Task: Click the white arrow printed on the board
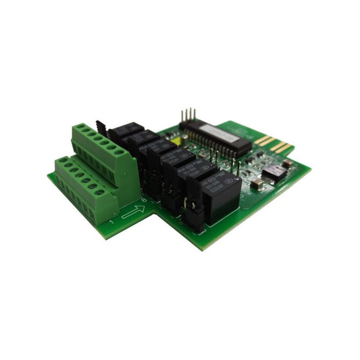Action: [x=133, y=211]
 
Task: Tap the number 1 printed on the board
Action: [x=111, y=222]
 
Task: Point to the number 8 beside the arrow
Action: [x=144, y=200]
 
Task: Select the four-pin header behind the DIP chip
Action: [x=189, y=116]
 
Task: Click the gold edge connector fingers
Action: [x=274, y=144]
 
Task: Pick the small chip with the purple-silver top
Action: [x=275, y=172]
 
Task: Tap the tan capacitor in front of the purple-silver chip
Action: [x=257, y=183]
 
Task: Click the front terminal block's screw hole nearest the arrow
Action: [x=100, y=193]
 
